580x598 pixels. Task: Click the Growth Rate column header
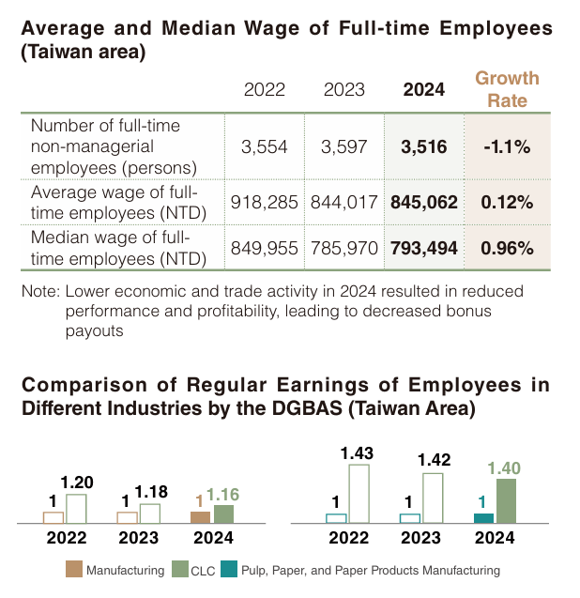(507, 89)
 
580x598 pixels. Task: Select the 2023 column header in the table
(344, 90)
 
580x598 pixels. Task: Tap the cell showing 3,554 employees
(264, 146)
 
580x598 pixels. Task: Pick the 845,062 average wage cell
(423, 202)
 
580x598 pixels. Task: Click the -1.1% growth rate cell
(507, 146)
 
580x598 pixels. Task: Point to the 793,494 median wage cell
(423, 249)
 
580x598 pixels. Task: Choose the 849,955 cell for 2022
(264, 249)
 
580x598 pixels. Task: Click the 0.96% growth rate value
(507, 249)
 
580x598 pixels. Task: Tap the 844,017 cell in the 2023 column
(344, 202)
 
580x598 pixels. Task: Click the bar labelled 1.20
(76, 508)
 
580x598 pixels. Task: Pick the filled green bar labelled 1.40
(506, 500)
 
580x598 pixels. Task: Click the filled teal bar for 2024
(483, 517)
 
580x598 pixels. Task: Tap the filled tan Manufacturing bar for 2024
(200, 516)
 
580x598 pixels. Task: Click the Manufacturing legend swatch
(73, 569)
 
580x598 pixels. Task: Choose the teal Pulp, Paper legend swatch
(229, 569)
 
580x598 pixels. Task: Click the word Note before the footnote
(38, 291)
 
